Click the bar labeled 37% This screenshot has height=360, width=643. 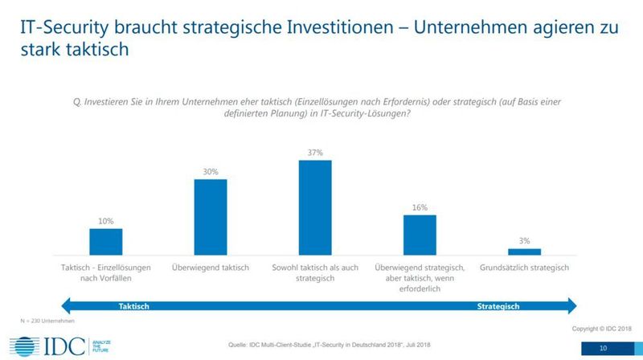click(x=315, y=207)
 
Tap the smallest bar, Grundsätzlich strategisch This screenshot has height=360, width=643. click(x=524, y=251)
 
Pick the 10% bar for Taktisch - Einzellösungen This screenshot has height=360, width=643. click(x=106, y=241)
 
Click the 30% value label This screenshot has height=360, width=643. click(x=211, y=170)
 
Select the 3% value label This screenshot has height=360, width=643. click(x=524, y=240)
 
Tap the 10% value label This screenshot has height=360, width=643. click(x=106, y=220)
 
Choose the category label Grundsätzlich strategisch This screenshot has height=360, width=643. click(x=524, y=267)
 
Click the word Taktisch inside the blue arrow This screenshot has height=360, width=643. click(x=134, y=306)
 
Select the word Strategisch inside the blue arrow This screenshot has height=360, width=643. click(x=498, y=306)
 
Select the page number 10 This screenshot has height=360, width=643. click(x=603, y=348)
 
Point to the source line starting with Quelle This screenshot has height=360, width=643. click(x=321, y=346)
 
